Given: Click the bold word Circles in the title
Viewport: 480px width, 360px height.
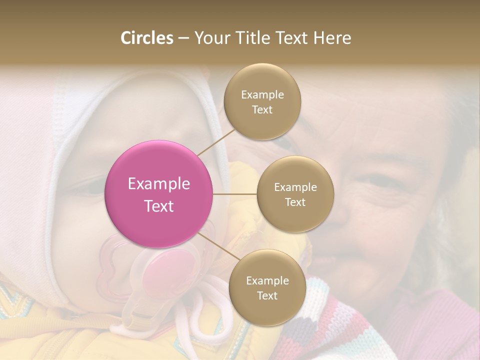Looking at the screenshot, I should coord(146,38).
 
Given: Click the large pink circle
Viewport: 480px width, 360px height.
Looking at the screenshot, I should coord(159,194).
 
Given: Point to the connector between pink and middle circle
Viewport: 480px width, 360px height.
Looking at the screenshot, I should coord(235,194).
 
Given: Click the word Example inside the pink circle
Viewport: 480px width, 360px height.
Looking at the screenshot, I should coord(159,184).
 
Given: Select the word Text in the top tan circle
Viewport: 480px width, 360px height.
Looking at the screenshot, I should coord(262,110).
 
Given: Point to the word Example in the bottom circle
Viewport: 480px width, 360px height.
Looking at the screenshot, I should coord(267,280).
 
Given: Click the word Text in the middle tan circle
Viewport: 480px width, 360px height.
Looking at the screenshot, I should coord(295,202).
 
